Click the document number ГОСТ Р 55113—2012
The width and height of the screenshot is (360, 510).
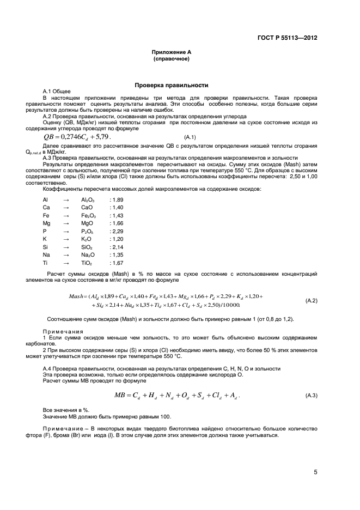pos(287,38)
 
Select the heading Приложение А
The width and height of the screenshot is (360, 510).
pos(171,52)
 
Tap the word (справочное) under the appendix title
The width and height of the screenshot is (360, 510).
pos(171,58)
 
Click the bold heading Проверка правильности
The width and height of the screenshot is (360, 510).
pos(171,86)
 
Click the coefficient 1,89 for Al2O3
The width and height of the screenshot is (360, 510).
pos(117,200)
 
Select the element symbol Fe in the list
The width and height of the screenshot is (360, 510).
pos(46,216)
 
